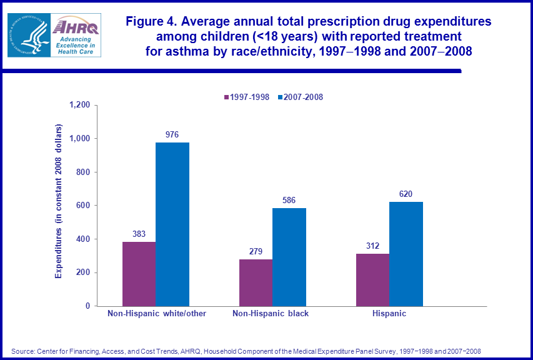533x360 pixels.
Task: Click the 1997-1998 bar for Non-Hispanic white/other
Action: tap(139, 274)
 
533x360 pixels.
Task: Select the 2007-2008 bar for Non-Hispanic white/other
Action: tap(172, 224)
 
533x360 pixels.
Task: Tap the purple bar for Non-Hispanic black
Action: tap(256, 282)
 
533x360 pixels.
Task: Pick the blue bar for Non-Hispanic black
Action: tap(289, 257)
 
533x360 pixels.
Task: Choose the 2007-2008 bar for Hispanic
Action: tap(406, 254)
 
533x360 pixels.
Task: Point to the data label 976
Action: tap(172, 134)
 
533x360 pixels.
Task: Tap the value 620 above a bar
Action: tap(406, 194)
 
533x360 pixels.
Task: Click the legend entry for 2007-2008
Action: tap(302, 97)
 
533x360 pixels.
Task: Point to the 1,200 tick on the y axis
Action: tap(79, 105)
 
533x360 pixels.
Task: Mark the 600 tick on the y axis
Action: tap(83, 206)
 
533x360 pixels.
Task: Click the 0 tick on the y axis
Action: tap(87, 306)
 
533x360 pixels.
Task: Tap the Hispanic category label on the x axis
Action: tap(389, 314)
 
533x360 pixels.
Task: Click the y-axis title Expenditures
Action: tap(59, 200)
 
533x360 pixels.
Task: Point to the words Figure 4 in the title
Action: tap(150, 21)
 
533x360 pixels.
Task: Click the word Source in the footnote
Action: tap(22, 351)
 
